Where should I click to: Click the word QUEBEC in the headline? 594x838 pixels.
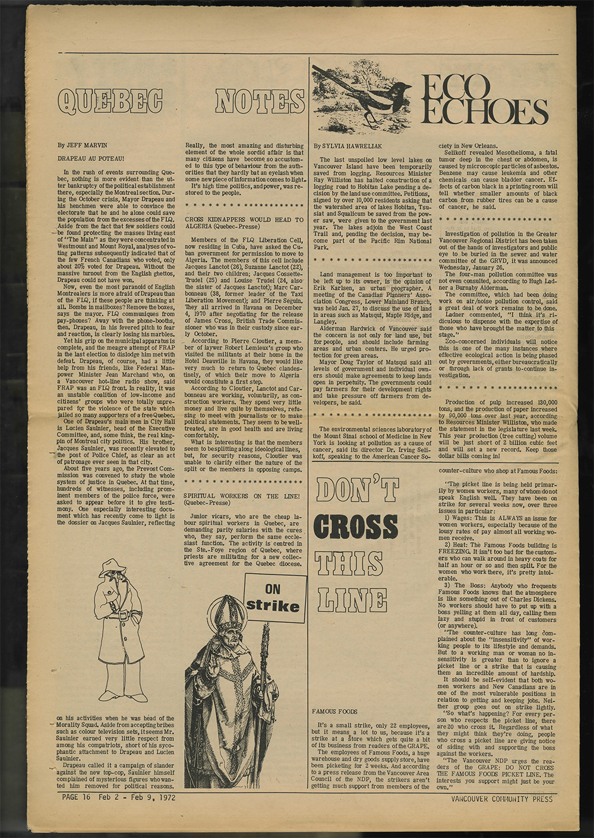110,101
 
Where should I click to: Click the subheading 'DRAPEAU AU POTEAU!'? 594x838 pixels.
90,158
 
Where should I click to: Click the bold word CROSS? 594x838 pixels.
355,526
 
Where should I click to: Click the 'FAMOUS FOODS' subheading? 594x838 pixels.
334,711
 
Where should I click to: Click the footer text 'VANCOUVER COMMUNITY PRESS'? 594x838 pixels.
501,799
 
